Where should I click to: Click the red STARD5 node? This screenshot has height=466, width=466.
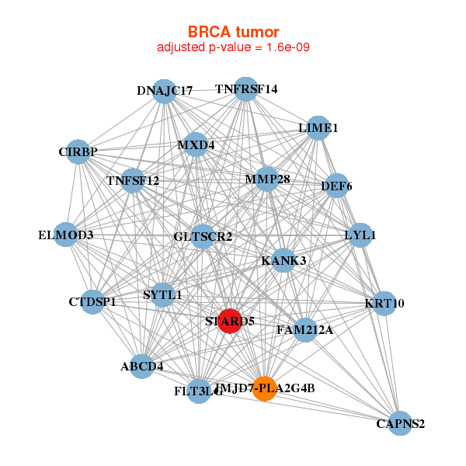pos(229,320)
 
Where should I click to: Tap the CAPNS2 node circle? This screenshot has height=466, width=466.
pos(400,423)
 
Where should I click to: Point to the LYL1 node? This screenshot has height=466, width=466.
pos(360,235)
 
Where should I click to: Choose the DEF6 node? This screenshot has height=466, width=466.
pos(336,186)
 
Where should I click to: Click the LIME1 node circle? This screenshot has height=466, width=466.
pos(318,128)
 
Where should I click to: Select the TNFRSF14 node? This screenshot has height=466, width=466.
pos(246,89)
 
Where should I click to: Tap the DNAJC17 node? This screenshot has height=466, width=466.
pos(164,91)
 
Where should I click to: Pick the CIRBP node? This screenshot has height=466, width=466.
pos(78,152)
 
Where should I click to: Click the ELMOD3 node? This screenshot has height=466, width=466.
pos(66,235)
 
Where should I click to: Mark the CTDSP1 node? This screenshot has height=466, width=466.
pos(92,301)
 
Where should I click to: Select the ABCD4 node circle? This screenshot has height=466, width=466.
pos(141,366)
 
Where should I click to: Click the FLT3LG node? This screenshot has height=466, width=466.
pos(199,390)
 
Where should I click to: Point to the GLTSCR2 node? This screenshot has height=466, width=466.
pos(203,236)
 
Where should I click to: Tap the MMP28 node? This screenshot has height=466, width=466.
pos(267,179)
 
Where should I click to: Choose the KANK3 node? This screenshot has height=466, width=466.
pos(283,260)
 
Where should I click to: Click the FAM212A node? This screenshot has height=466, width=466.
pos(304,330)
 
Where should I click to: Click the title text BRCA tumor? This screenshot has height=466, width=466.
pos(233,32)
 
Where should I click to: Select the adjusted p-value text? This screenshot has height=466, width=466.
pos(233,47)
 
